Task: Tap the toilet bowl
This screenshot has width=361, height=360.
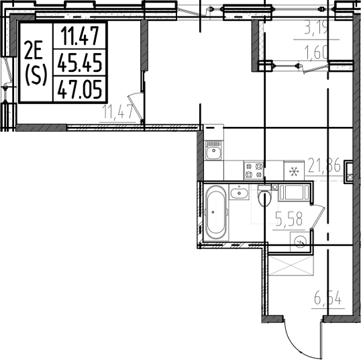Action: point(263,197)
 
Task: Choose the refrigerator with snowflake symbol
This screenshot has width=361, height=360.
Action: point(293,171)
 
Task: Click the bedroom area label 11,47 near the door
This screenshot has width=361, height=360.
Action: point(116,111)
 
